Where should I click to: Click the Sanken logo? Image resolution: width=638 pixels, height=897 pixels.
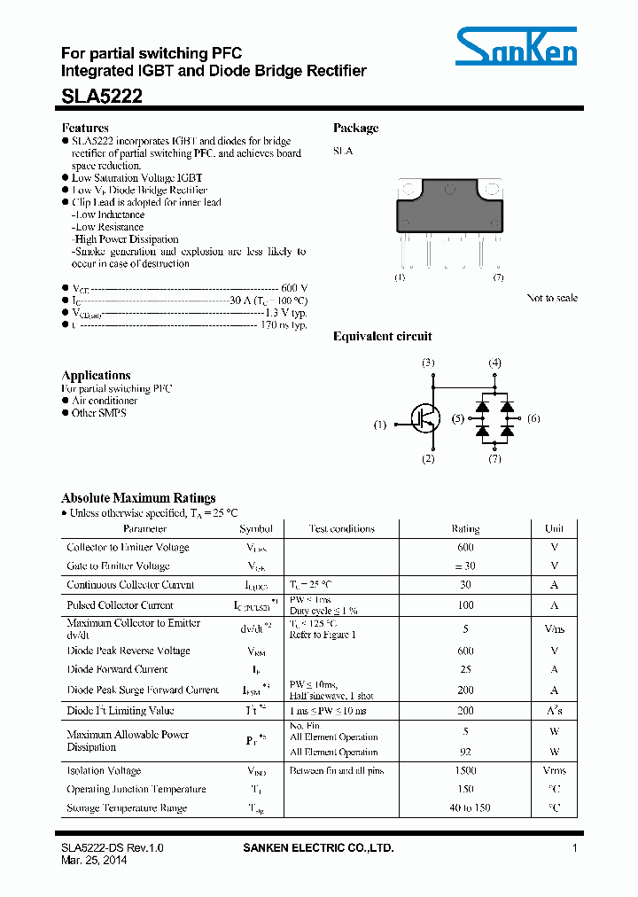pos(517,47)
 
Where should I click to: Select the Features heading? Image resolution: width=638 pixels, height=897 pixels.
pos(85,128)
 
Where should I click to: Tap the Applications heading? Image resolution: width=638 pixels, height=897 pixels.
pos(96,375)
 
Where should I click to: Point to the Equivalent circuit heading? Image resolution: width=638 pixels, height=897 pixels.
pos(382,336)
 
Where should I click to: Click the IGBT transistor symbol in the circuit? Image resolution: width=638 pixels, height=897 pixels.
pos(425,418)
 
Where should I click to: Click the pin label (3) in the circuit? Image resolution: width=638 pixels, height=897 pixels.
pos(428,363)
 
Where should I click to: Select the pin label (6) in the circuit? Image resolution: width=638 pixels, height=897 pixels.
pos(533,418)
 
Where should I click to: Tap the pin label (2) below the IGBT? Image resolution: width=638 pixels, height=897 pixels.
pos(428,458)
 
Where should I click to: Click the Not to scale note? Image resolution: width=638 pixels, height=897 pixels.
pos(551,298)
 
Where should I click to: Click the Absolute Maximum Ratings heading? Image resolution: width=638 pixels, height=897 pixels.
pos(137,498)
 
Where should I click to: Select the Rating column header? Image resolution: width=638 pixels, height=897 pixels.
pos(465,529)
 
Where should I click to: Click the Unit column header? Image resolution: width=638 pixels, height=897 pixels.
pos(554,529)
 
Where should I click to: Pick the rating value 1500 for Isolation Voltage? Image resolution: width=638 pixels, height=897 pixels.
pos(465,770)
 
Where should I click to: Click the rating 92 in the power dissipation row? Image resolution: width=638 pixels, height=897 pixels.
pos(465,751)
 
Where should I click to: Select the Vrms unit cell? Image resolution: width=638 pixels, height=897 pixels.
pos(554,770)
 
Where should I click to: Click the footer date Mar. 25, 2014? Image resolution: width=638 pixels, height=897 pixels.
pos(94,861)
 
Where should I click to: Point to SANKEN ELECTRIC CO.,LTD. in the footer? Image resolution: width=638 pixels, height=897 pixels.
pos(318,848)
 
